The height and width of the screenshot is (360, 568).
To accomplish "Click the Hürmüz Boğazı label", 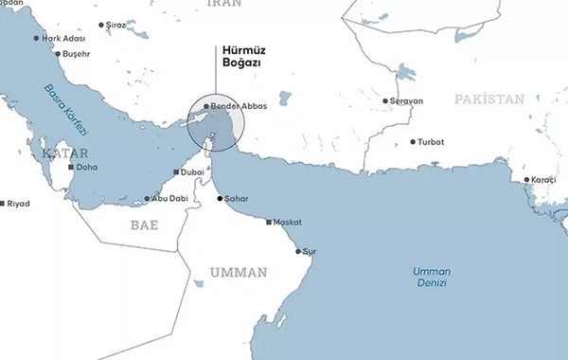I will [x=240, y=56].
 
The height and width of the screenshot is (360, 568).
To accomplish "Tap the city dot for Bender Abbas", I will [x=206, y=107].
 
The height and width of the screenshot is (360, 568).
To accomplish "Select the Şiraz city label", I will [x=116, y=26].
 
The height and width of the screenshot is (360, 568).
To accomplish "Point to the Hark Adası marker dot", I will [x=37, y=39].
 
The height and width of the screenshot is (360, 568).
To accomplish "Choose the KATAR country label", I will [x=64, y=153].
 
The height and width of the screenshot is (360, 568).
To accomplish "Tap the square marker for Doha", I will [x=70, y=167].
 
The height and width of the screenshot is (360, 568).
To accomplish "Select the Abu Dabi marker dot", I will [x=147, y=199].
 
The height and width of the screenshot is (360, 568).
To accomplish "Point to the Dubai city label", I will [x=190, y=172].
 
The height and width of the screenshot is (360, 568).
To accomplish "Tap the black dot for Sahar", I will [x=221, y=199].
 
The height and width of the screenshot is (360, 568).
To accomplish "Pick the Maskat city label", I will [x=287, y=222].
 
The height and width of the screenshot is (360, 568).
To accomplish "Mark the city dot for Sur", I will [x=299, y=251].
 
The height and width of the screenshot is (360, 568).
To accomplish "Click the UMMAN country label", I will [x=239, y=273].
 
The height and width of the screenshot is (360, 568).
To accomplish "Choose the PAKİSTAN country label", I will [x=488, y=99].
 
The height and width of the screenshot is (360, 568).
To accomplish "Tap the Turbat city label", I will [x=431, y=142].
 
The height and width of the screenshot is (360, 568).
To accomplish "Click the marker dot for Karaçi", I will [x=527, y=179].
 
